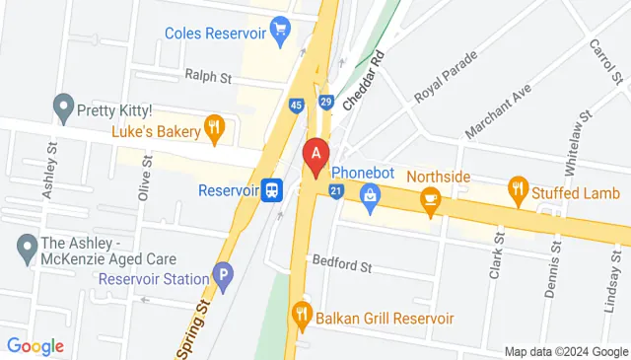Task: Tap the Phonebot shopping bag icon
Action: click(x=371, y=196)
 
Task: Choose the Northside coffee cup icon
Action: click(x=429, y=200)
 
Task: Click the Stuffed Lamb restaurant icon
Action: click(x=518, y=187)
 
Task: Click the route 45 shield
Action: click(x=296, y=106)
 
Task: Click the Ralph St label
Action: click(x=207, y=75)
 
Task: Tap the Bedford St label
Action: click(x=341, y=264)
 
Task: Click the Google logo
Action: click(x=35, y=346)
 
